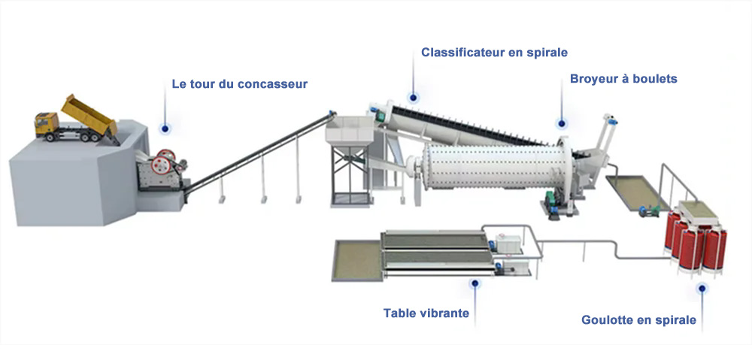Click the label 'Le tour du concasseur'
(239, 84)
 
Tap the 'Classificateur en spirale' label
(494, 53)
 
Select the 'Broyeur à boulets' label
(623, 79)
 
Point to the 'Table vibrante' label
(426, 313)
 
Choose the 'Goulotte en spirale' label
(638, 319)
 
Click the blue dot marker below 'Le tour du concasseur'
(165, 129)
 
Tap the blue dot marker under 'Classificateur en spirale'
(413, 98)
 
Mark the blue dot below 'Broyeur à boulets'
(562, 124)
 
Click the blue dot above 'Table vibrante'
(475, 283)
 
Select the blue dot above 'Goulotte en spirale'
(702, 288)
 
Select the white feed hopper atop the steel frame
(350, 130)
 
